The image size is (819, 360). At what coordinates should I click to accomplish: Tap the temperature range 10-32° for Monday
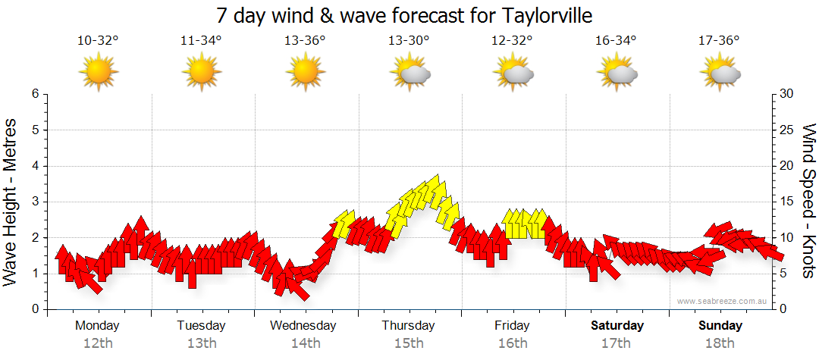click(x=98, y=41)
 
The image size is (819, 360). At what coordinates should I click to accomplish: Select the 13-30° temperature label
click(x=409, y=41)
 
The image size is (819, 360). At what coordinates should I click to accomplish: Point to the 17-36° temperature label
click(x=719, y=41)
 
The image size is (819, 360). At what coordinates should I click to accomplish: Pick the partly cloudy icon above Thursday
click(x=409, y=73)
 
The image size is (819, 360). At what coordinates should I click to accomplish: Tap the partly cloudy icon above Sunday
click(x=720, y=73)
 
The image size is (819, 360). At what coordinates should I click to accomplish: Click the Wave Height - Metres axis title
click(x=11, y=202)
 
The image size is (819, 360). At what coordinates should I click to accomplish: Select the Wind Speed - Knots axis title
click(x=808, y=202)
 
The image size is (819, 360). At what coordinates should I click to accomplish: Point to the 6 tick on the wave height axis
click(x=35, y=94)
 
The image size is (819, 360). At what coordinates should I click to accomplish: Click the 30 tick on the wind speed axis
click(x=787, y=94)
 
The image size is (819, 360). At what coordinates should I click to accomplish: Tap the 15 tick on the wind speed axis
click(x=787, y=202)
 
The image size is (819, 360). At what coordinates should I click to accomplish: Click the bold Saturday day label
click(x=617, y=326)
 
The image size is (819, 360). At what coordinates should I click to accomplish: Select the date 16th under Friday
click(x=513, y=343)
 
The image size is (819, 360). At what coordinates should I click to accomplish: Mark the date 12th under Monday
click(x=98, y=343)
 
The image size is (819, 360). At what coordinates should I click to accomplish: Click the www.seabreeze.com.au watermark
click(x=723, y=301)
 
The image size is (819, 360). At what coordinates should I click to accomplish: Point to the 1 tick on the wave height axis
click(x=35, y=274)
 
